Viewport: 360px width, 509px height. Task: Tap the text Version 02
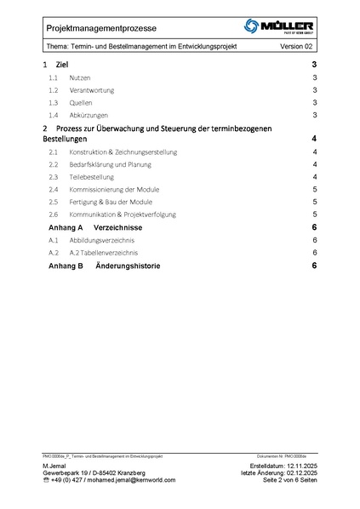point(297,46)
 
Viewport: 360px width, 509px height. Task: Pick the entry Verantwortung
point(92,90)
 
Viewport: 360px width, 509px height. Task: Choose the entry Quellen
point(81,102)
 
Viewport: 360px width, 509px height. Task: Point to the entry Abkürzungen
point(89,115)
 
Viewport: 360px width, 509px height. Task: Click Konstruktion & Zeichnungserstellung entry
point(123,152)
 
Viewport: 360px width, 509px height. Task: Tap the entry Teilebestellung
point(93,176)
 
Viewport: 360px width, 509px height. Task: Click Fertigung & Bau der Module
point(111,202)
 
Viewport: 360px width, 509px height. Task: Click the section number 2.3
point(53,176)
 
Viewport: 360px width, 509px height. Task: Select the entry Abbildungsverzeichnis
point(101,241)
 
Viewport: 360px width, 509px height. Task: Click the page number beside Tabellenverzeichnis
point(315,254)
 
